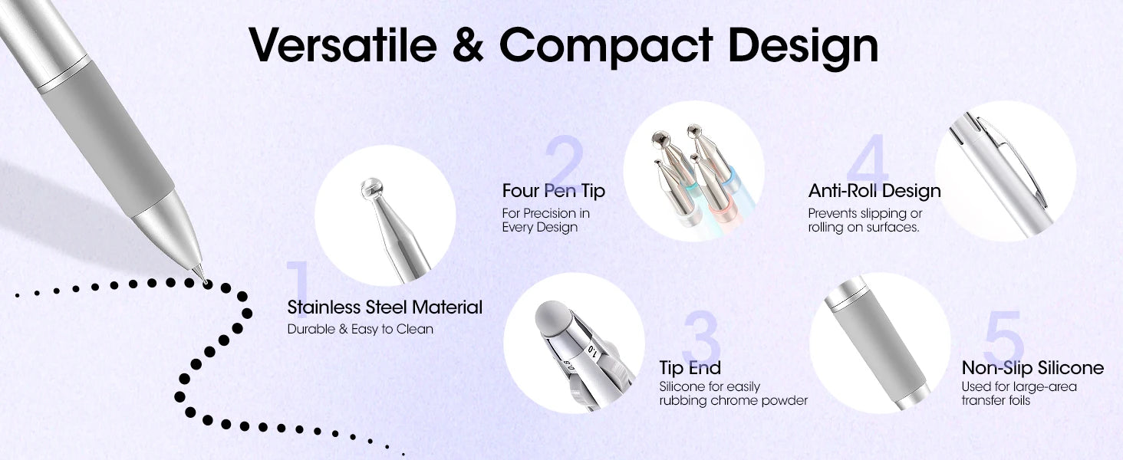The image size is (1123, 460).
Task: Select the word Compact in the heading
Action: click(x=606, y=46)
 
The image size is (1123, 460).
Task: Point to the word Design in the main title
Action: click(x=803, y=46)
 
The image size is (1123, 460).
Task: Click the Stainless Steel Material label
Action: click(x=385, y=307)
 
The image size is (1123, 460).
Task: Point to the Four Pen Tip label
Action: click(x=554, y=190)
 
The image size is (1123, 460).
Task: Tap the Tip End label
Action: click(x=690, y=368)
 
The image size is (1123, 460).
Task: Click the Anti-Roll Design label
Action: click(x=874, y=190)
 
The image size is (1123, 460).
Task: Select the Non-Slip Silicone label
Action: click(x=1032, y=368)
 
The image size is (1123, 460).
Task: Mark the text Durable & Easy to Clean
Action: click(x=361, y=330)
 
